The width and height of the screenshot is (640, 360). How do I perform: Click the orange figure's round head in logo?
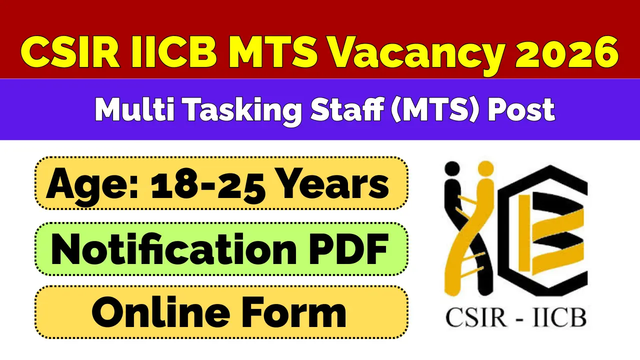pyautogui.click(x=484, y=167)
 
